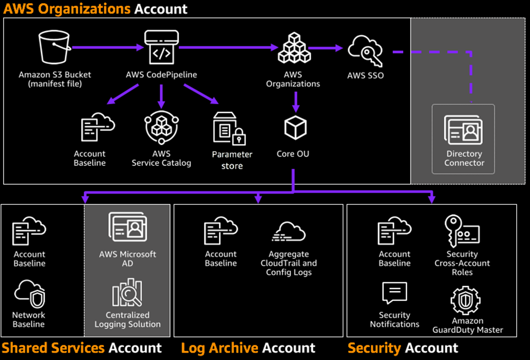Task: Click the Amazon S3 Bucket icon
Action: pos(54,48)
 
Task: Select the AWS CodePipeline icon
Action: pos(161,47)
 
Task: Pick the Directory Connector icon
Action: pos(464,129)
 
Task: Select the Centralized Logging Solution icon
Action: pos(127,293)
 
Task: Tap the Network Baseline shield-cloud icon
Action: pos(29,293)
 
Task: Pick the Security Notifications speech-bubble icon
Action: pos(394,294)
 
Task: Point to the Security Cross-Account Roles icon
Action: pos(462,232)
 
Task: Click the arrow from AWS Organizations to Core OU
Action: pos(295,102)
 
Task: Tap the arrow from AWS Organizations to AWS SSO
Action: pos(326,48)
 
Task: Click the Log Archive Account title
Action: pos(248,348)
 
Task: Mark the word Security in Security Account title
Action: pos(374,348)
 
